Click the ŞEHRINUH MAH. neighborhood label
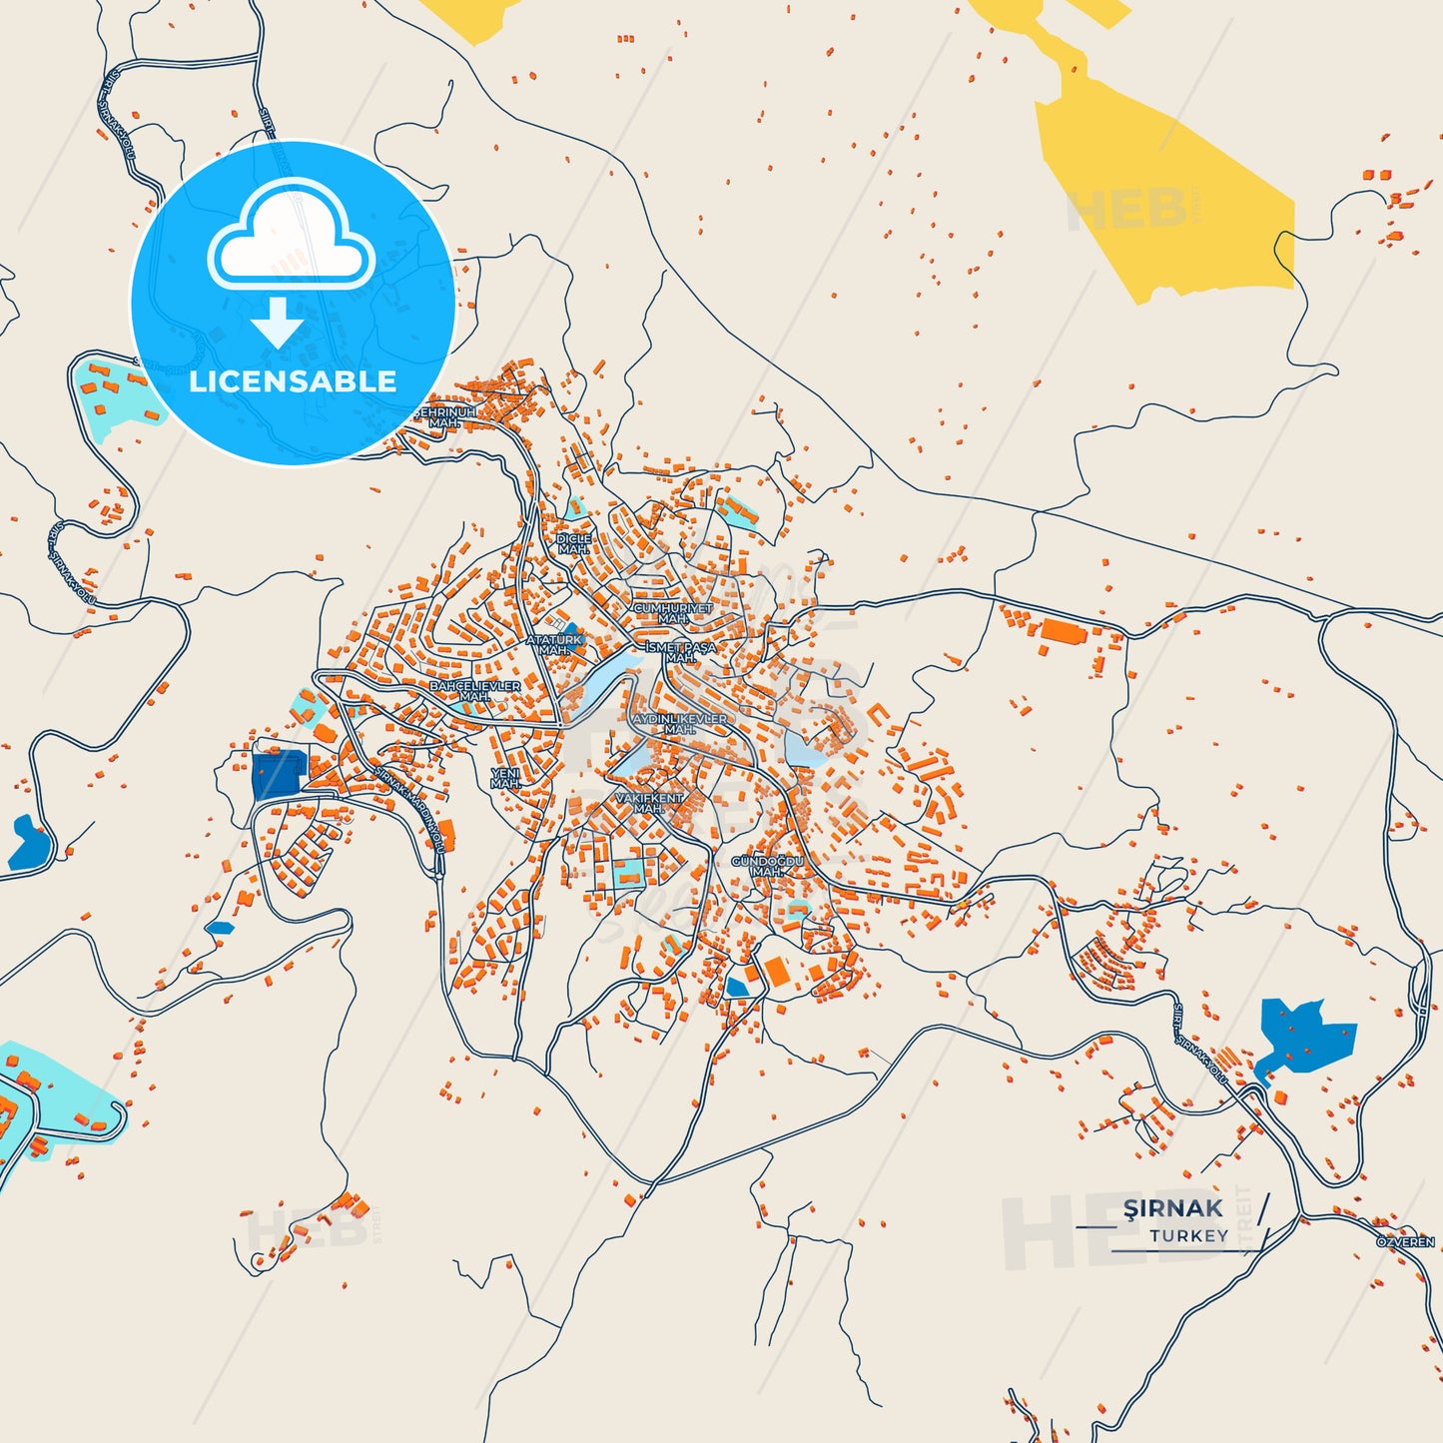pyautogui.click(x=445, y=417)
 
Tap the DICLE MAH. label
pyautogui.click(x=574, y=544)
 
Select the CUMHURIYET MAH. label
pyautogui.click(x=673, y=613)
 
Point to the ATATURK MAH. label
pyautogui.click(x=554, y=645)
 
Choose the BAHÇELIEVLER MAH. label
pyautogui.click(x=474, y=691)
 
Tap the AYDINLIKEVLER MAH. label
pyautogui.click(x=680, y=724)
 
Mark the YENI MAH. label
pyautogui.click(x=505, y=779)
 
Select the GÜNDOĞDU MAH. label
pyautogui.click(x=767, y=866)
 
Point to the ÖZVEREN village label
pyautogui.click(x=1405, y=1242)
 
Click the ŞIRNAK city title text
pyautogui.click(x=1172, y=1208)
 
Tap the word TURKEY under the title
pyautogui.click(x=1188, y=1236)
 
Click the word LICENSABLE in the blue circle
pyautogui.click(x=293, y=381)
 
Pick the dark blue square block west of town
pyautogui.click(x=278, y=776)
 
